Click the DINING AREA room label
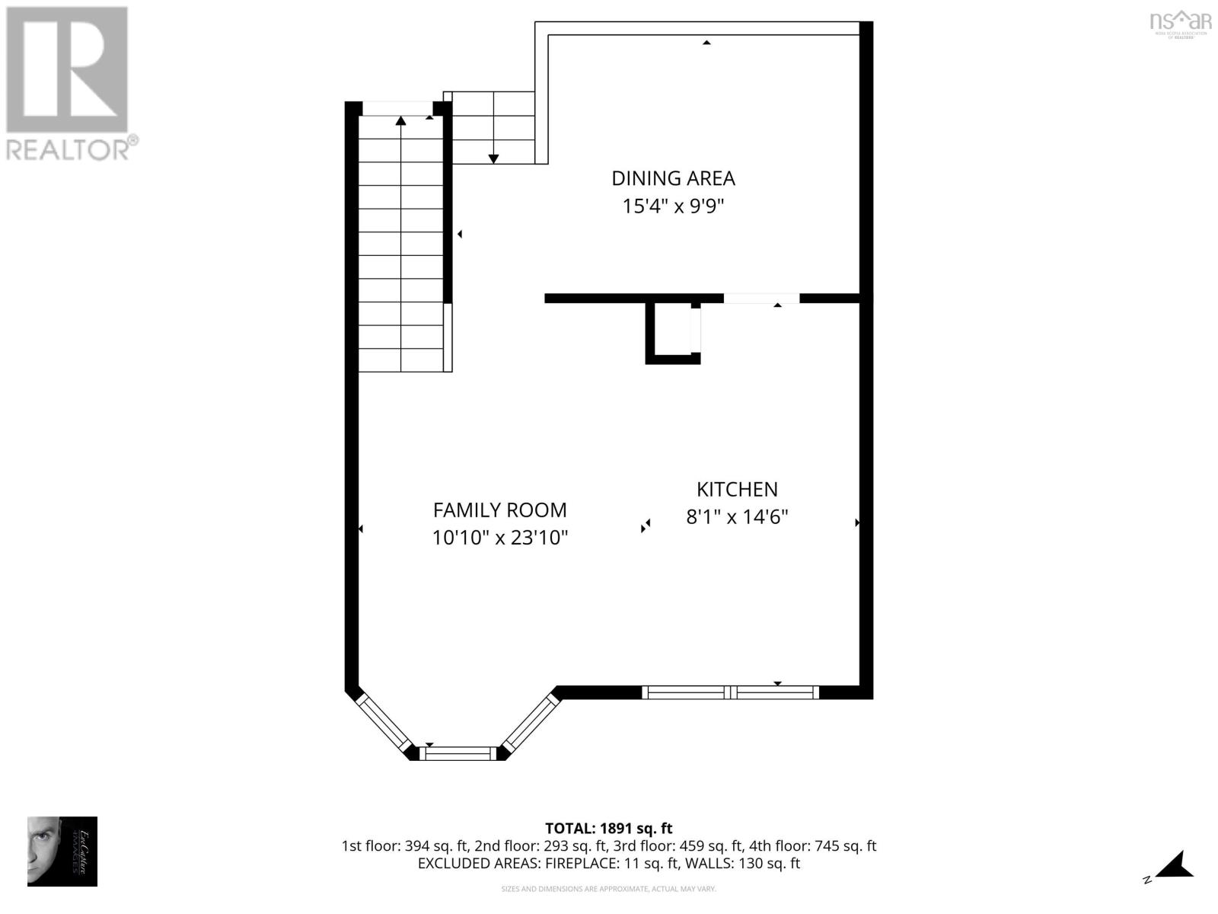673,178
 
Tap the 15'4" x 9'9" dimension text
673,206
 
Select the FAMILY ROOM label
499,510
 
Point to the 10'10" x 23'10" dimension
499,538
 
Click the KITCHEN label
737,489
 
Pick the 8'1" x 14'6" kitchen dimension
737,517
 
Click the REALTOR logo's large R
67,70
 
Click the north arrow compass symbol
1172,867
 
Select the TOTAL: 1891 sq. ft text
609,829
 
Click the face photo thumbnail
62,852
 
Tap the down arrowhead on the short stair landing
493,158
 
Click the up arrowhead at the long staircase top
400,120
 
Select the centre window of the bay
459,753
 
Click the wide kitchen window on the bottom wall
731,692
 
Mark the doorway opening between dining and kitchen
761,298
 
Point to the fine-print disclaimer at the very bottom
608,889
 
